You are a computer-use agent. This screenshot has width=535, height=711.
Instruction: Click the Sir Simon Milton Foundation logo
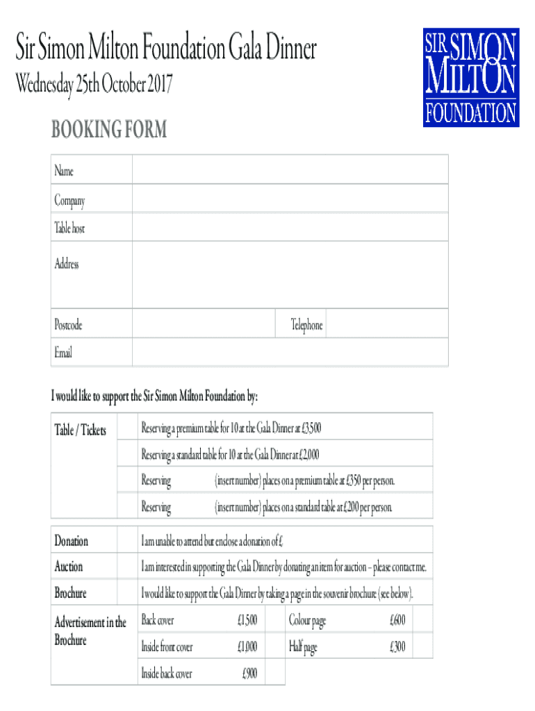coord(471,77)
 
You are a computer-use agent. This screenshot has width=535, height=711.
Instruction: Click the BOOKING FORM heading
coord(108,130)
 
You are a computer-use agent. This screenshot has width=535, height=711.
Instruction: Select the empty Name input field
coord(290,170)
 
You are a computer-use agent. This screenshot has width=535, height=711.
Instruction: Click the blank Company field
coord(290,200)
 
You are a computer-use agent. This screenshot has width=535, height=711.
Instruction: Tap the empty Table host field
coord(290,228)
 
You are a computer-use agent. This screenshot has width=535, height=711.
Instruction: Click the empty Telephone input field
coord(386,325)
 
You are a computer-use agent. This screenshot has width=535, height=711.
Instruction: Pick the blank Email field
coord(290,353)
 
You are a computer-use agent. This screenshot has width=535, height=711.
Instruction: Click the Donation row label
coord(72,541)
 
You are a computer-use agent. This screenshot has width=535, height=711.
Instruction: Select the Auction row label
coord(69,567)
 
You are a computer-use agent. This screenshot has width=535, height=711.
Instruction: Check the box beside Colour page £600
coord(422,619)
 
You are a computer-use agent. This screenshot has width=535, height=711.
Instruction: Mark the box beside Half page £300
coord(422,646)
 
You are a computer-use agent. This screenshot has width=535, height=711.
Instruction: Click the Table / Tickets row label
coord(81,430)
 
